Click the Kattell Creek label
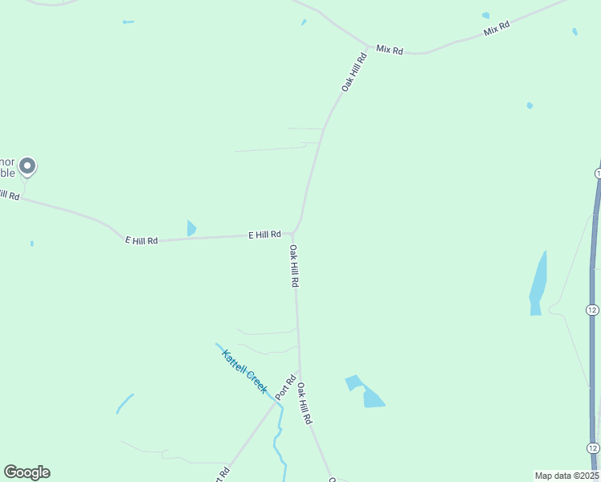coord(244,370)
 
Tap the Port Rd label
coord(286,388)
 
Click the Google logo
coord(27,472)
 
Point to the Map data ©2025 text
coord(566,476)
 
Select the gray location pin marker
coord(27,166)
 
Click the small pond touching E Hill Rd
coord(190,228)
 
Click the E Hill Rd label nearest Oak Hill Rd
coord(264,235)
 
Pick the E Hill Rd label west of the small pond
coord(141,239)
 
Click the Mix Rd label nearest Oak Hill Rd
coord(389,50)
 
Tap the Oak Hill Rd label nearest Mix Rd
coord(354,72)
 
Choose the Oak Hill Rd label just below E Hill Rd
coord(295,267)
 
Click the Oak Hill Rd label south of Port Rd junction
coord(305,403)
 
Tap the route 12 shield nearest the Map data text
coord(592,448)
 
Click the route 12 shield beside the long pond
coord(592,310)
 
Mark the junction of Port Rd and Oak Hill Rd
coord(300,371)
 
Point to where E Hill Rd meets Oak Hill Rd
coord(294,234)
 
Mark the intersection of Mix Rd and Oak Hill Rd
coord(369,45)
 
